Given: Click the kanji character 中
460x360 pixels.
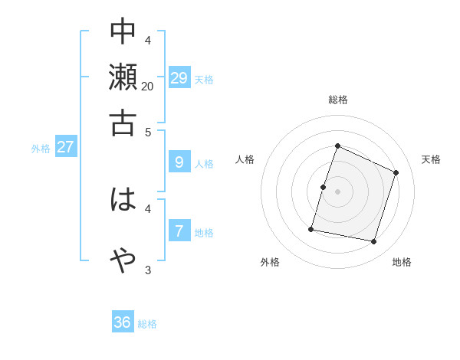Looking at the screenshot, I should coord(123,31).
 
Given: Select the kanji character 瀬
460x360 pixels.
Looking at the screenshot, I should coord(123,77).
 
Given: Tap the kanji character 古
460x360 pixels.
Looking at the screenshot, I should coord(123,123).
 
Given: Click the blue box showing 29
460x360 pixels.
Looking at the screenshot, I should coord(179,77).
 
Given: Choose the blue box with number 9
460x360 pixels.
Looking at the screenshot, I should coord(179,162).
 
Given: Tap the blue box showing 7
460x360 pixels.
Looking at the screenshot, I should coord(179,230).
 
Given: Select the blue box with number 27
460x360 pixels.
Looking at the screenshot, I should coord(65,147).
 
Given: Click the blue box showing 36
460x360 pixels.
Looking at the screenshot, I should coord(123,322).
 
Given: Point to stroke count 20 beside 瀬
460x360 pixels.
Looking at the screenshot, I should coord(147,87).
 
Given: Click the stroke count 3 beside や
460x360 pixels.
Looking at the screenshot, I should coord(148,270).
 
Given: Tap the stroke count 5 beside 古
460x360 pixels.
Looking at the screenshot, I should coord(149,131).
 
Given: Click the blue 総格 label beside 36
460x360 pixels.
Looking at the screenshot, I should coord(147,324).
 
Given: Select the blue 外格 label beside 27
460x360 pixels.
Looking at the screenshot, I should coord(41,149).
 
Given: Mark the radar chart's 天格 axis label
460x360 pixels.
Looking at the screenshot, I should coord(431,159).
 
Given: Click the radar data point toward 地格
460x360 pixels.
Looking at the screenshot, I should coord(374,242).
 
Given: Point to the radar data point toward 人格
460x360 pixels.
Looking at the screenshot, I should coord(324,187).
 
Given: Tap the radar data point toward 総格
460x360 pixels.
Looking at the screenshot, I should coord(337,146).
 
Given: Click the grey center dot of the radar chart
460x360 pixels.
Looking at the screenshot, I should coord(337,191).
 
